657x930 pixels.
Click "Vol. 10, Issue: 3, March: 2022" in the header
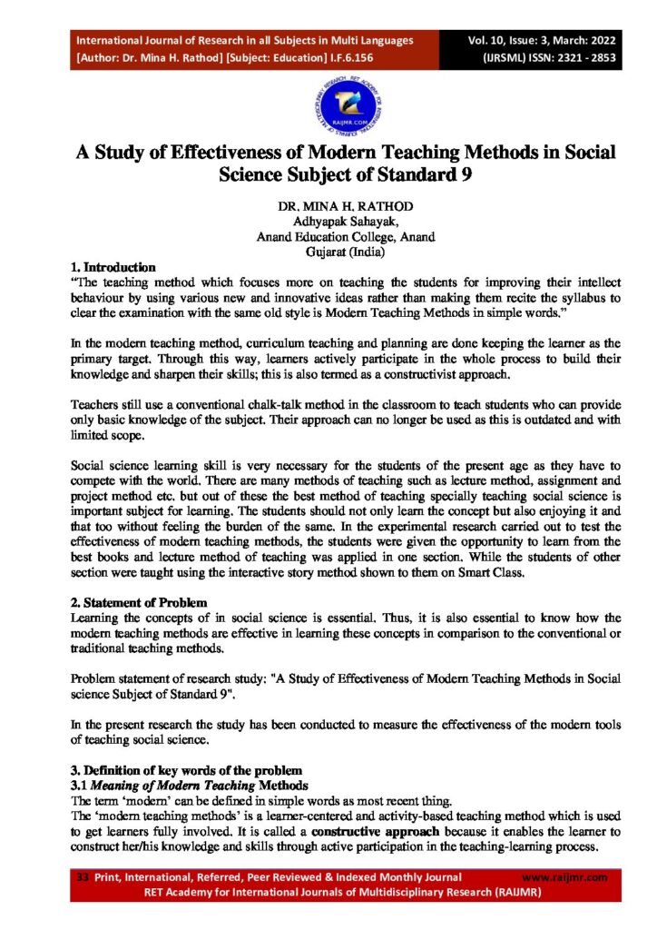[541, 40]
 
